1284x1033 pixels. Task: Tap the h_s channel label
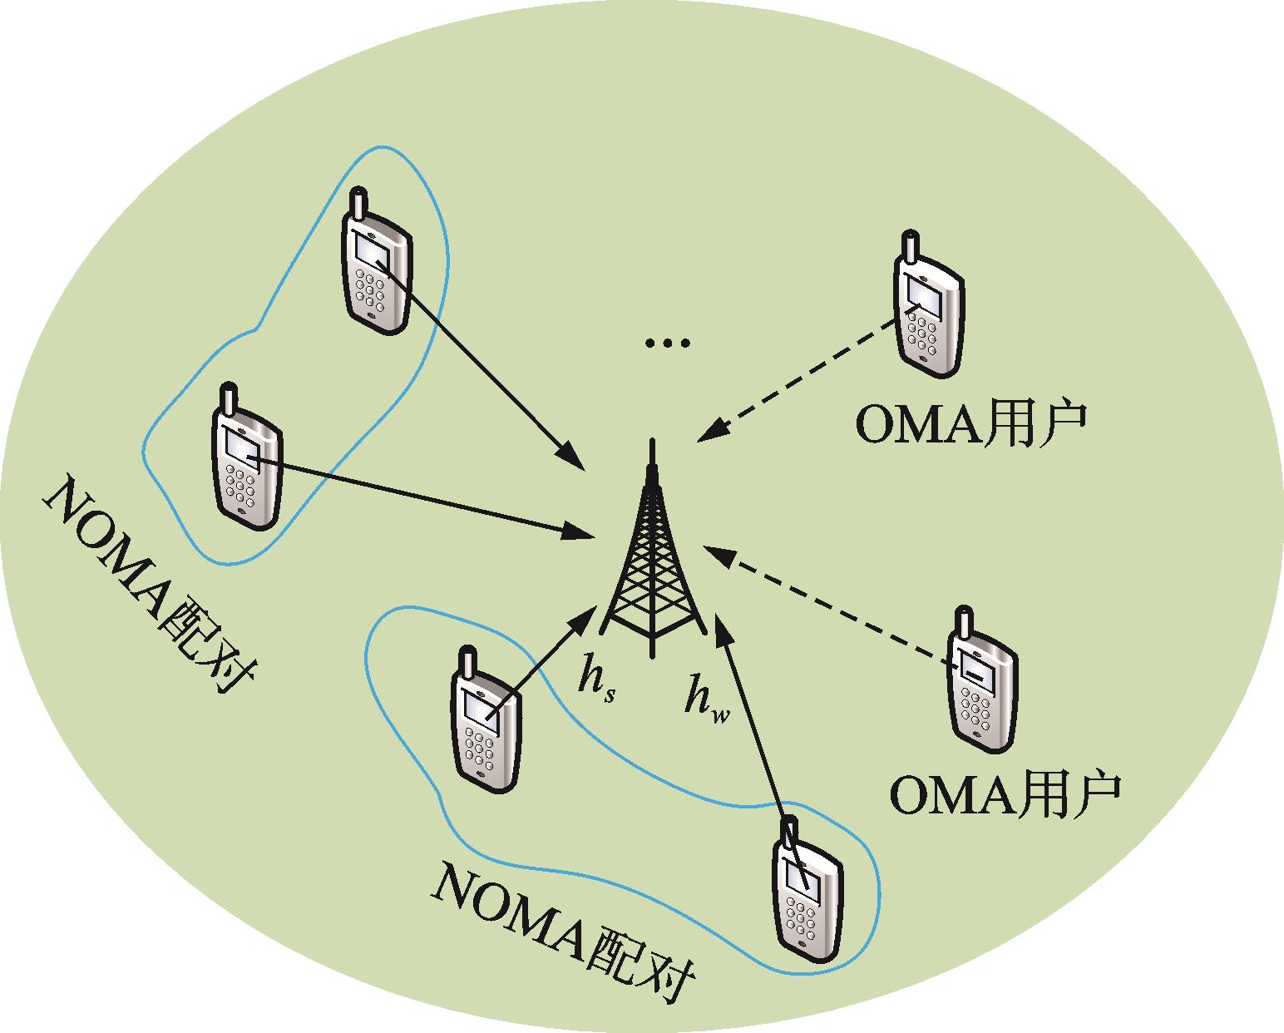[595, 683]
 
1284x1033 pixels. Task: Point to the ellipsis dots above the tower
[668, 342]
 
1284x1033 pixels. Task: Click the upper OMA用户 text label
[970, 426]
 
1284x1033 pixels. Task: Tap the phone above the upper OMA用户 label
[926, 308]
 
